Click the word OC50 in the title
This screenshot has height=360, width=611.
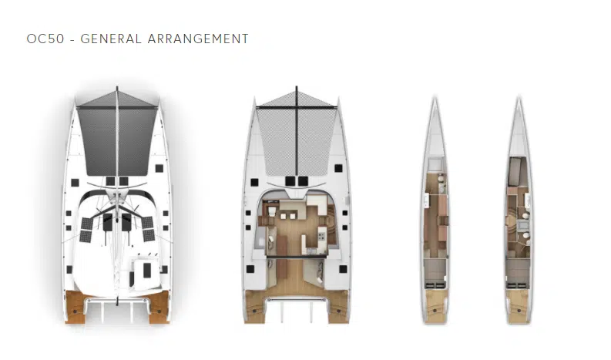point(45,39)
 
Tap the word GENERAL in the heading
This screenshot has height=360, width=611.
point(111,39)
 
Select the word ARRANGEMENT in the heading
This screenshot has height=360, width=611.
point(198,39)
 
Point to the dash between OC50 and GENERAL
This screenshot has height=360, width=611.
point(72,39)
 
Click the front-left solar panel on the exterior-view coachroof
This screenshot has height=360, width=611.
point(86,224)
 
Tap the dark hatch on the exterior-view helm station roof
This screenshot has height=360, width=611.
point(147,270)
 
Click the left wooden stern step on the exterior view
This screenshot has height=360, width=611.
point(76,307)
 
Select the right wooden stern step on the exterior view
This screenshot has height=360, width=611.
point(159,307)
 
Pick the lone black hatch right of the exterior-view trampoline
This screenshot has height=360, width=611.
point(159,168)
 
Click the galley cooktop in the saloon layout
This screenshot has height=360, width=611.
point(322,236)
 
